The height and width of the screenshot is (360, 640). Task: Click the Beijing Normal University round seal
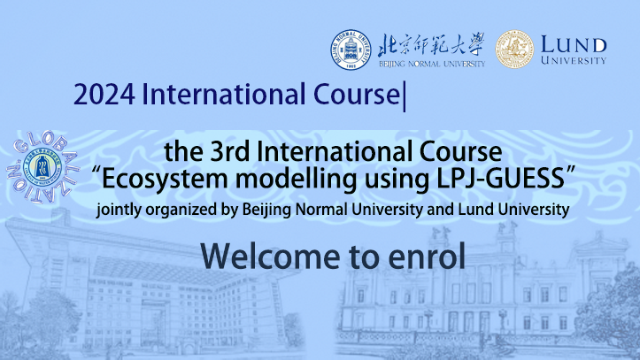(351, 50)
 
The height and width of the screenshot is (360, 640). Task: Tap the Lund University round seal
(514, 49)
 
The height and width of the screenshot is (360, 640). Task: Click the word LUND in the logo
(574, 44)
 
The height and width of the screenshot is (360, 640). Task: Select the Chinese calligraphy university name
(431, 44)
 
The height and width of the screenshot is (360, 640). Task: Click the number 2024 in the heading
(104, 94)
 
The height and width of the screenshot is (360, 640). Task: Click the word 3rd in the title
(230, 151)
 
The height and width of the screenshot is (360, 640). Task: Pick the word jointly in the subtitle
(119, 210)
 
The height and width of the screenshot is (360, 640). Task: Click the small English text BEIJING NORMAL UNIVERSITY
(432, 64)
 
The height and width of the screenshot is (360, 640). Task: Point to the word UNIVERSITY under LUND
(574, 60)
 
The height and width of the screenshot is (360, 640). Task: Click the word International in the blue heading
(220, 94)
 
